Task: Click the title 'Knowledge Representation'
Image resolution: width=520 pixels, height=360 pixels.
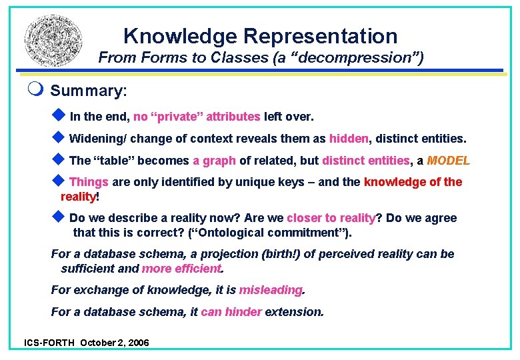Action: tap(260, 35)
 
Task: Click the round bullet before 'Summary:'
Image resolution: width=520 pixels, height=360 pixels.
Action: tap(41, 89)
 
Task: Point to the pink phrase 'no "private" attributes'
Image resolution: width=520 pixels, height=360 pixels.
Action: tap(197, 117)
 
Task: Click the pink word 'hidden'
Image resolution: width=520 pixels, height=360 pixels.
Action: tap(348, 139)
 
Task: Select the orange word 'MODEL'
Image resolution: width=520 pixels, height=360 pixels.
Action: tap(448, 161)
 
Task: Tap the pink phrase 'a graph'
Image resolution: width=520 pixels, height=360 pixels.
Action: tap(214, 161)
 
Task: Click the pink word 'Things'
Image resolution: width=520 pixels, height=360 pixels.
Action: tap(89, 182)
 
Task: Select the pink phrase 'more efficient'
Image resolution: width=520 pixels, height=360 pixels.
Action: tap(181, 269)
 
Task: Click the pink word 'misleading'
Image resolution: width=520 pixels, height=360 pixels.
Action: tap(270, 290)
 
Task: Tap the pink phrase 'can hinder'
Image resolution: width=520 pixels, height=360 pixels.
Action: tap(231, 311)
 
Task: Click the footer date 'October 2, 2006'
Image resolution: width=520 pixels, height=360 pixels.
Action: tap(114, 343)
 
